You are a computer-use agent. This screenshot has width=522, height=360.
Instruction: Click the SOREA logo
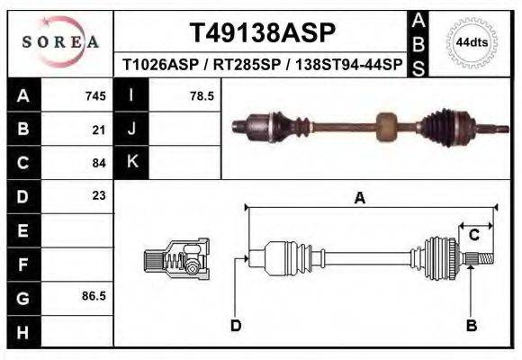pyautogui.click(x=59, y=42)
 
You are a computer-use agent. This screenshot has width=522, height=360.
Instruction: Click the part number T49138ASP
pyautogui.click(x=262, y=33)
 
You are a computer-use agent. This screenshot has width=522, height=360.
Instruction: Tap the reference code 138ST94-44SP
pyautogui.click(x=350, y=65)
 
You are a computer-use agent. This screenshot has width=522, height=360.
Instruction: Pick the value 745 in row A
pyautogui.click(x=95, y=95)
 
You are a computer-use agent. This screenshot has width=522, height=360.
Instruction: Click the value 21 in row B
pyautogui.click(x=99, y=130)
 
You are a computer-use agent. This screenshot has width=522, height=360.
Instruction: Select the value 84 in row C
pyautogui.click(x=99, y=163)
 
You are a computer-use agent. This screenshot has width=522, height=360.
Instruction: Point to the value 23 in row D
pyautogui.click(x=99, y=195)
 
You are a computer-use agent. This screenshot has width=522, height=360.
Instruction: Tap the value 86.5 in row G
pyautogui.click(x=94, y=294)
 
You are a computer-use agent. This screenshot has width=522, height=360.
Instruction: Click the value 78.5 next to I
pyautogui.click(x=201, y=95)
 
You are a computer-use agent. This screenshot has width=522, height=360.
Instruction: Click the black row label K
pyautogui.click(x=131, y=162)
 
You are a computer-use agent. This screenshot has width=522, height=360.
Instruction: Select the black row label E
pyautogui.click(x=22, y=230)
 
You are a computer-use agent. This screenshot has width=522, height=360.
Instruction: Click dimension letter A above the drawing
pyautogui.click(x=359, y=199)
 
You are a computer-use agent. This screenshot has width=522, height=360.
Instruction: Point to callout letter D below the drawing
pyautogui.click(x=236, y=325)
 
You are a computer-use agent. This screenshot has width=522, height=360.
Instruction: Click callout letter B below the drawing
pyautogui.click(x=470, y=325)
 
